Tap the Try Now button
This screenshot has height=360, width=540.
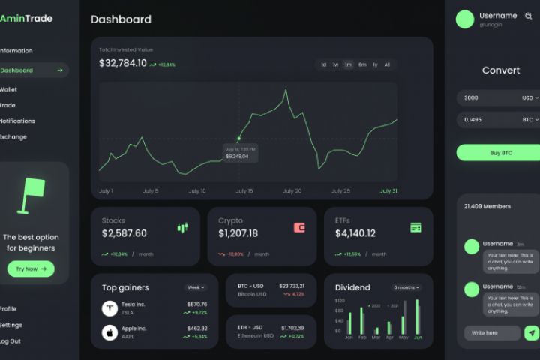tap(31, 268)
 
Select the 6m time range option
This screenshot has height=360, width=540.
tap(362, 64)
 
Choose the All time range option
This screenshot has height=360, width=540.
tap(387, 64)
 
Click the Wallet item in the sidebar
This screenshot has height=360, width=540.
tap(8, 89)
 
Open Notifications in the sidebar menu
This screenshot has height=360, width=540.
tap(16, 121)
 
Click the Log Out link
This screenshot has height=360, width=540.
tap(10, 341)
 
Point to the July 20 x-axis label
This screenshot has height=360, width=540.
tap(292, 191)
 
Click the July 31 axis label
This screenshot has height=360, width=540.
tap(388, 191)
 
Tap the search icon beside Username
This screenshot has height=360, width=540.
tap(528, 16)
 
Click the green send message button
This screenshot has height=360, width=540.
tap(532, 333)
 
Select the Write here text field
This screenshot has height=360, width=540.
tap(491, 333)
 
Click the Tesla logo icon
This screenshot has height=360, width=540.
tap(109, 308)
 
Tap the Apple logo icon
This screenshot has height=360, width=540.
tap(109, 332)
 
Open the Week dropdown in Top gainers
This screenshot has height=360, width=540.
tap(195, 287)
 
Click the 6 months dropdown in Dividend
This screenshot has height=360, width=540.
tap(406, 287)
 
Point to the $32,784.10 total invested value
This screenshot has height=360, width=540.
tap(123, 63)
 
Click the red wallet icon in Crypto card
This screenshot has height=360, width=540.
tap(299, 227)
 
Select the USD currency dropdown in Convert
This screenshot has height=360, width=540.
tap(530, 97)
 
